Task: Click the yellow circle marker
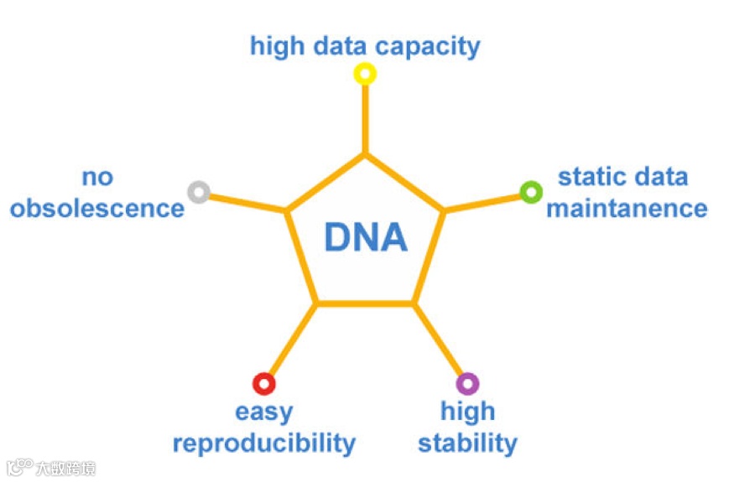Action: [x=364, y=74]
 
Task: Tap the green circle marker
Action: [x=530, y=192]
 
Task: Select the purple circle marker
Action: [x=467, y=384]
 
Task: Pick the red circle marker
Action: [x=263, y=384]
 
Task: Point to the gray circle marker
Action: [x=198, y=192]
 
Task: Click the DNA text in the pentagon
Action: [x=366, y=238]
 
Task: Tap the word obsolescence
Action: [x=97, y=208]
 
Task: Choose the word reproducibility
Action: [x=264, y=443]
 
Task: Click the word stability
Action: [x=467, y=443]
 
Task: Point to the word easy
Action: [x=264, y=412]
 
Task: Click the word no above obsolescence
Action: [x=97, y=177]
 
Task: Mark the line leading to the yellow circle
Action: [x=364, y=117]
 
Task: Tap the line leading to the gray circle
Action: [x=247, y=202]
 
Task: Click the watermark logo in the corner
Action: [x=20, y=466]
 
